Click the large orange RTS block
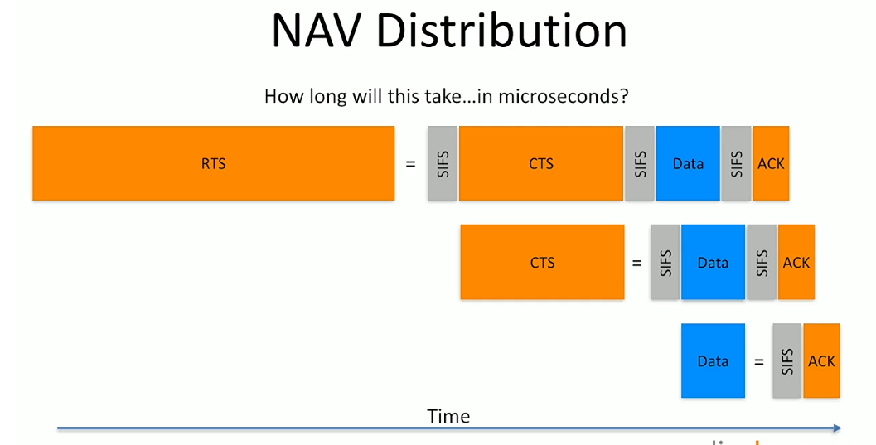click(213, 163)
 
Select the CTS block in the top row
click(540, 163)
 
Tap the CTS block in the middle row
click(542, 262)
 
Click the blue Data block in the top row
click(688, 163)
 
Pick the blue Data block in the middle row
click(713, 262)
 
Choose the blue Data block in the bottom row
click(713, 360)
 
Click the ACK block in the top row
click(771, 163)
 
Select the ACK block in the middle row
click(796, 262)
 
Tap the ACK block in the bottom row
click(821, 360)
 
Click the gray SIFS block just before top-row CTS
click(443, 163)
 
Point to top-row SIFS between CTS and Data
click(640, 163)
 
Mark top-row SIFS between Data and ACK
click(737, 163)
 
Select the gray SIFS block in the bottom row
click(786, 360)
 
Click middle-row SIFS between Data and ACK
click(762, 262)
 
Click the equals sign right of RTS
click(410, 164)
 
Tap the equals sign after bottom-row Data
click(758, 361)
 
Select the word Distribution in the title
click(501, 32)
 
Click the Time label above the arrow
click(448, 416)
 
